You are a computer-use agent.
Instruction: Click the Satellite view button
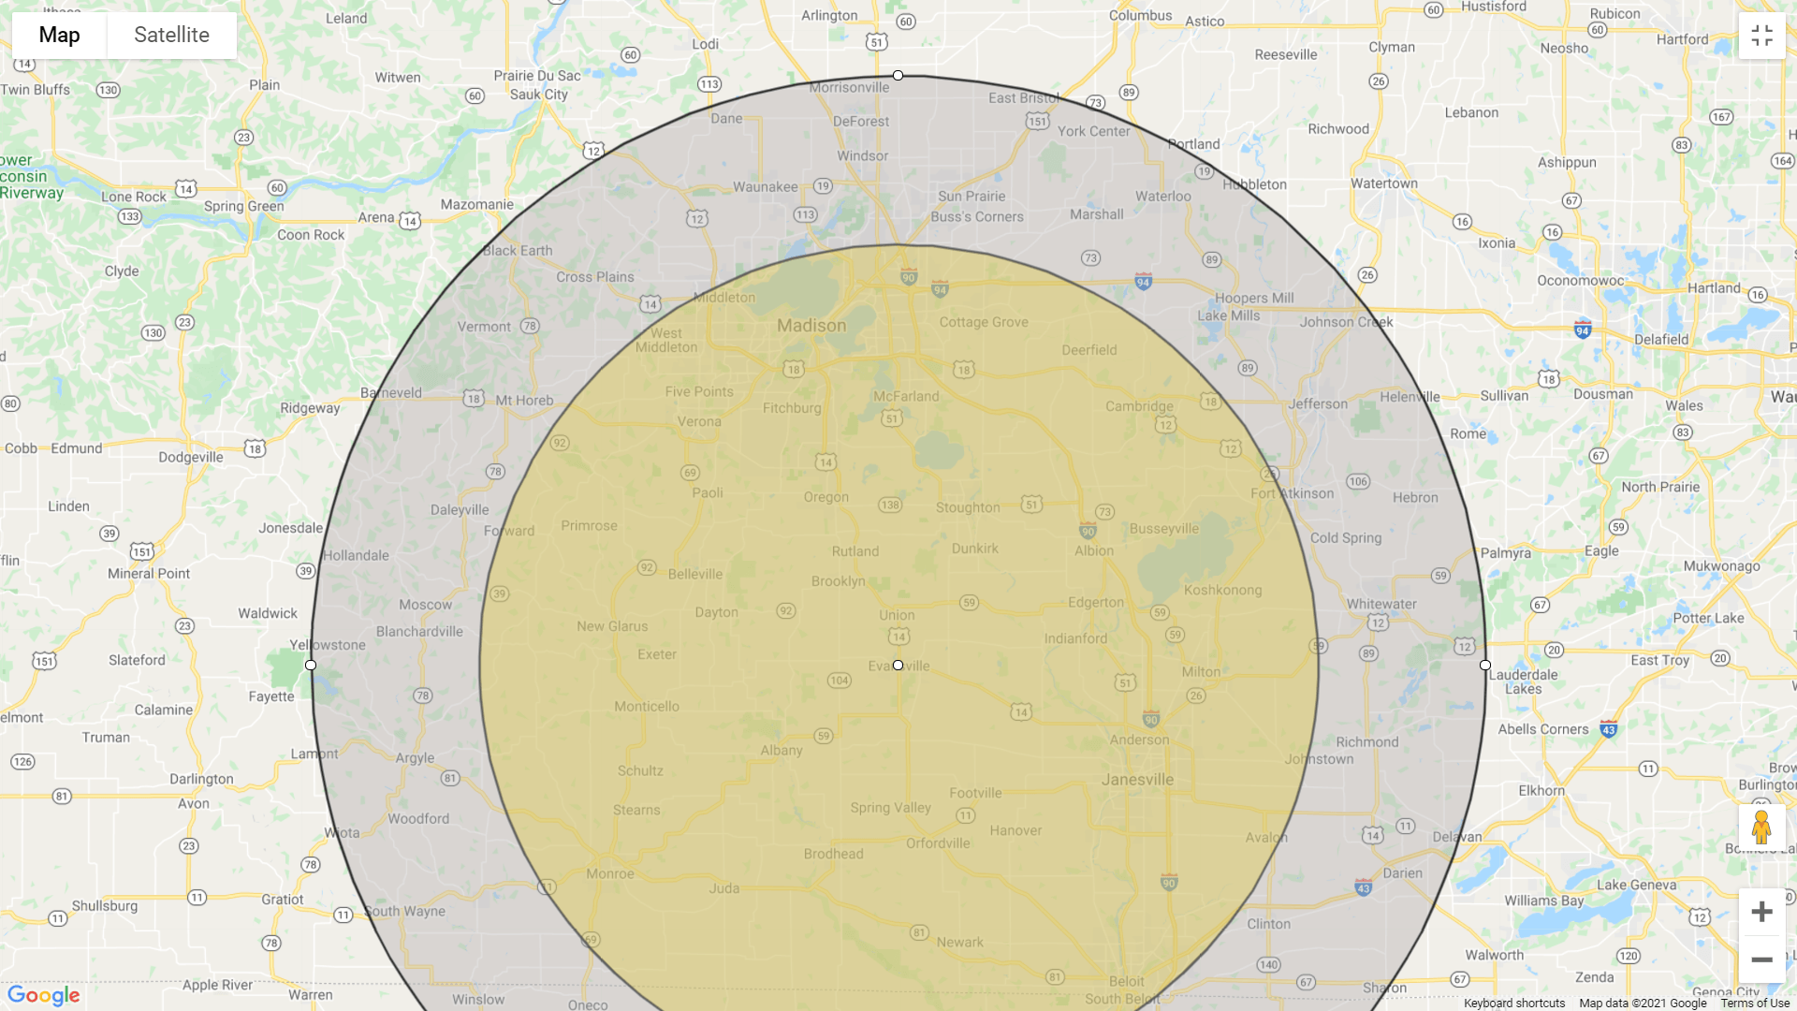click(171, 36)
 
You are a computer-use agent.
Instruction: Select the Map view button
click(59, 36)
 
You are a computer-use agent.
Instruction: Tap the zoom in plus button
click(1761, 912)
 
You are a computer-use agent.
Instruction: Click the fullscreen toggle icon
click(1761, 36)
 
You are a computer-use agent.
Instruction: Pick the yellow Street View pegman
click(1761, 828)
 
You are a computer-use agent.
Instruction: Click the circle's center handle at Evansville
click(898, 665)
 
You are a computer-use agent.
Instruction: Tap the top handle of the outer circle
click(898, 75)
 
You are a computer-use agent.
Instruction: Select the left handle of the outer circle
click(311, 665)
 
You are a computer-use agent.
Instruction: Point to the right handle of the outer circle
click(1485, 665)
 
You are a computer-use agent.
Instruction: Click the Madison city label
click(811, 326)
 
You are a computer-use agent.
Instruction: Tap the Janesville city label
click(1137, 779)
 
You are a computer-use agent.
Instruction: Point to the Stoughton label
click(968, 507)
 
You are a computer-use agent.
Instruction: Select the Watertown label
click(1383, 183)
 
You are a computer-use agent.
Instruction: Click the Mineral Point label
click(149, 573)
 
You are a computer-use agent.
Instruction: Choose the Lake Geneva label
click(1636, 885)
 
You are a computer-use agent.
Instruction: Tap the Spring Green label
click(244, 206)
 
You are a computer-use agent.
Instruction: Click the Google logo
click(43, 995)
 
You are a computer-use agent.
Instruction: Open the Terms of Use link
click(1755, 1004)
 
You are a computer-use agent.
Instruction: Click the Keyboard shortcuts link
click(1514, 1004)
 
